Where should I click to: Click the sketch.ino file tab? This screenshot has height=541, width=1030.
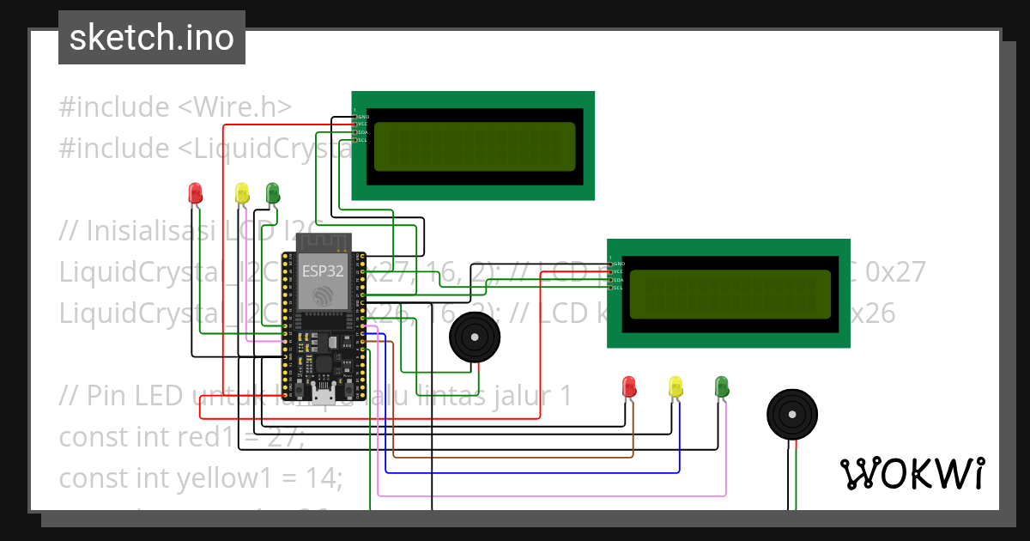[151, 38]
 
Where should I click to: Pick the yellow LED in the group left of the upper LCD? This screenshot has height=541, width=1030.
[242, 192]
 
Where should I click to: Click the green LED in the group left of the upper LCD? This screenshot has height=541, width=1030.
[273, 192]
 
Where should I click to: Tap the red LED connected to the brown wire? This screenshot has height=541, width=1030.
[629, 386]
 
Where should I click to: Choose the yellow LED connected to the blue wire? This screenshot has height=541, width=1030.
[676, 386]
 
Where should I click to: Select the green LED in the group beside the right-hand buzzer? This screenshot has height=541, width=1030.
[722, 386]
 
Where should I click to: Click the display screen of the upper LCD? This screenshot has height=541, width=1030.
[475, 145]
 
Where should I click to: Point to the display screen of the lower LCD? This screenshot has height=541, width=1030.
[730, 294]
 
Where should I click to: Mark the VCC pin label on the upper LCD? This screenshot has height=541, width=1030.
[362, 124]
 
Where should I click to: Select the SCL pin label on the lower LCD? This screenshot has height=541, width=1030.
[617, 288]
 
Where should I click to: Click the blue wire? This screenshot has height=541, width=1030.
[532, 472]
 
